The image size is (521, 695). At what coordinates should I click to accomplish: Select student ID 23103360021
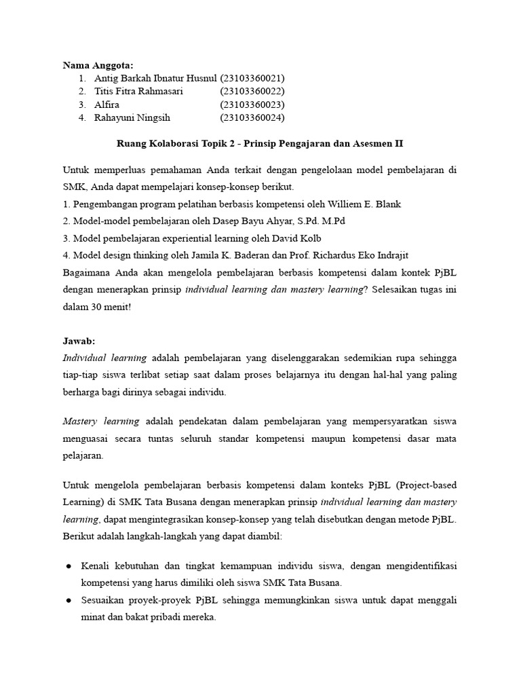252,78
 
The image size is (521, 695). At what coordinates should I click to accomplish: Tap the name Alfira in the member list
107,105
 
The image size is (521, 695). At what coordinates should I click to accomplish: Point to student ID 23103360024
252,117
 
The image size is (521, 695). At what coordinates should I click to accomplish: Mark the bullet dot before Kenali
70,566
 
